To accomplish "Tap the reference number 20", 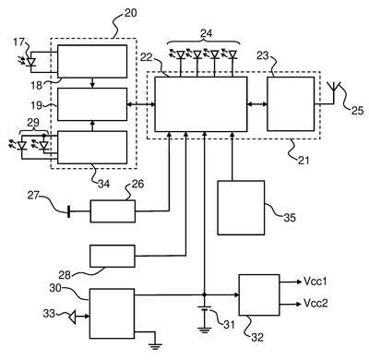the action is point(130,13).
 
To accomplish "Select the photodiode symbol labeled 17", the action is point(30,62).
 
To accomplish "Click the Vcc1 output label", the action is point(315,281).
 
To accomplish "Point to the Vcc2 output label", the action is point(315,303).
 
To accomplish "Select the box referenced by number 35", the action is point(241,208).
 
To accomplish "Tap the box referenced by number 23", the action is point(291,104).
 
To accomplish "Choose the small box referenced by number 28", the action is point(113,256).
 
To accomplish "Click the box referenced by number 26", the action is point(113,211).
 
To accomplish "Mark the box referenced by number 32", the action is point(259,295).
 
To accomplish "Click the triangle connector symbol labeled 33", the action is point(72,317).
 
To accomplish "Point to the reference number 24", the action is point(206,33).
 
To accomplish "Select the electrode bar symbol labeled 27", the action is point(68,211).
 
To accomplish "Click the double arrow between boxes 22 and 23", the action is point(256,104).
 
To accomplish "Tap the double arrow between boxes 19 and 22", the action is point(141,104).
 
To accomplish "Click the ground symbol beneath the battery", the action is point(204,330).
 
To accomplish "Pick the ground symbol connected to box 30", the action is point(156,346).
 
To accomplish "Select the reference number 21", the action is point(304,160).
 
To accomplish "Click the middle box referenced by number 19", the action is point(92,104).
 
